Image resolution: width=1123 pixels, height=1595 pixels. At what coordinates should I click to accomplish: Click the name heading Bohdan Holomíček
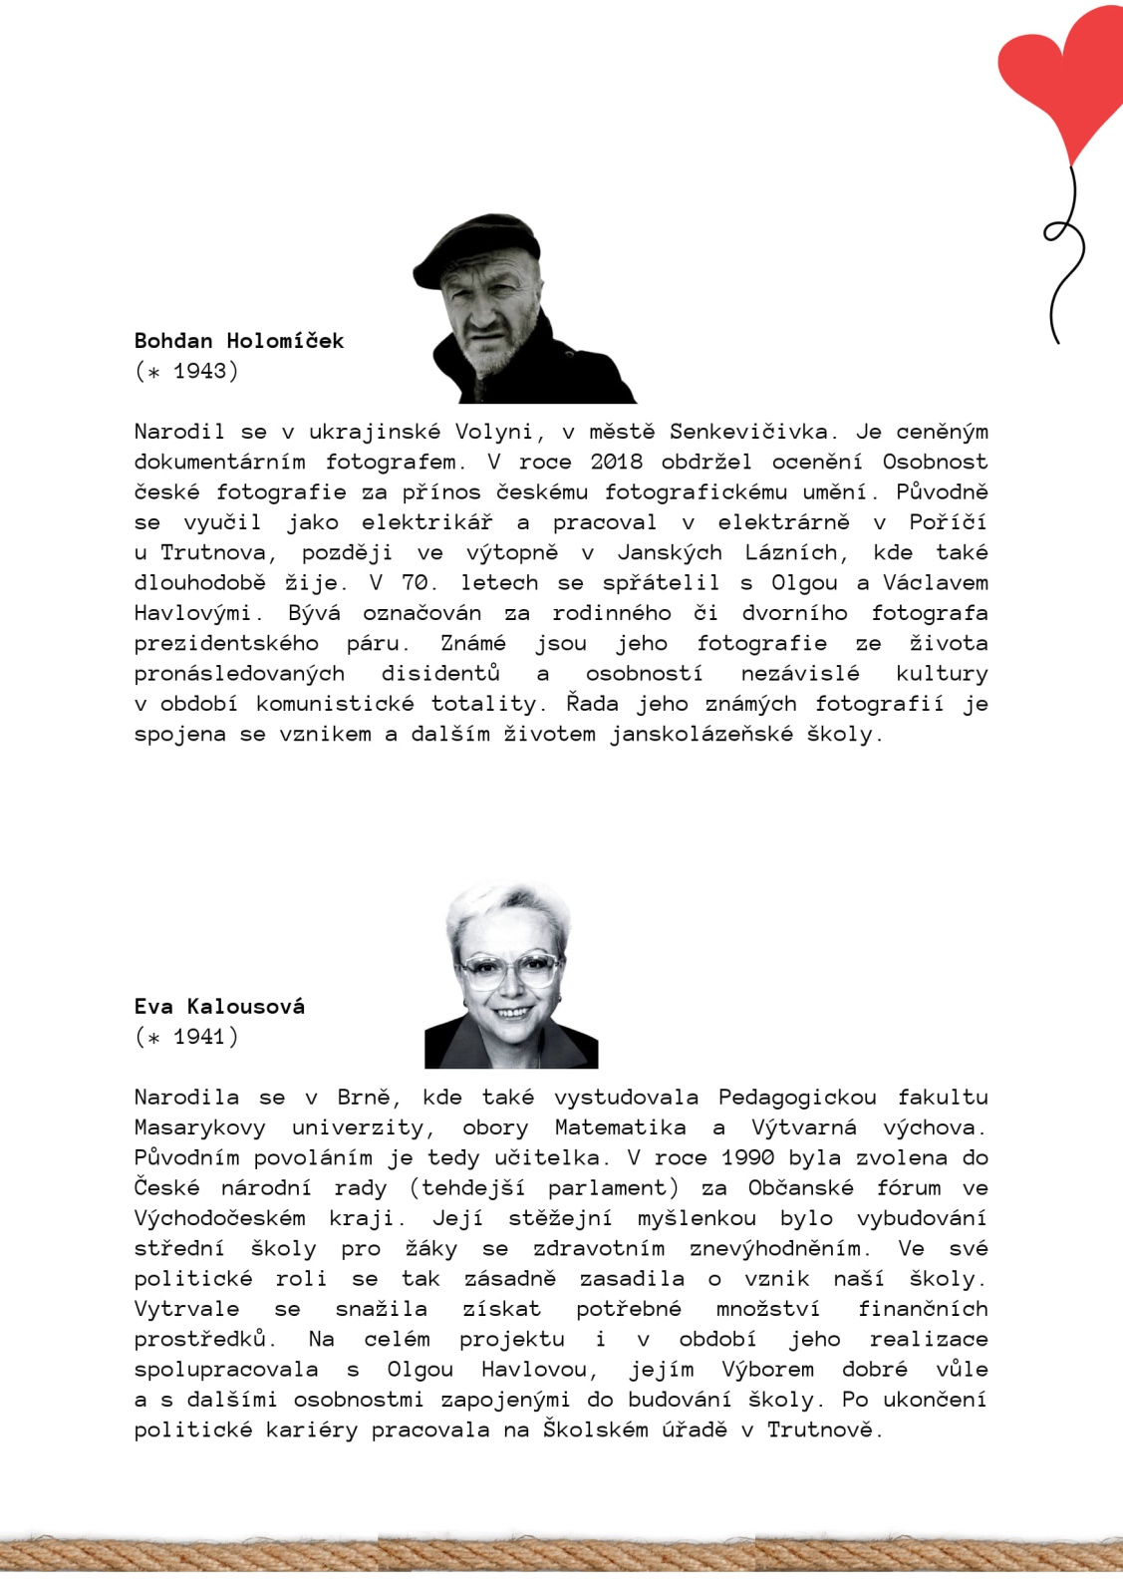[x=239, y=341]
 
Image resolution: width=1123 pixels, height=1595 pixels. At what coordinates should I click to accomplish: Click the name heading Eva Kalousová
[x=219, y=1007]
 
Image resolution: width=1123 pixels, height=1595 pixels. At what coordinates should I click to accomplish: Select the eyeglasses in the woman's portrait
[x=509, y=970]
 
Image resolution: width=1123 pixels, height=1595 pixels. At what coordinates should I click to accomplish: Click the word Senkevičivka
[x=748, y=432]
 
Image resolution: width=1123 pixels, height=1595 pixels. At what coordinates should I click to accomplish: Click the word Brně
[x=368, y=1098]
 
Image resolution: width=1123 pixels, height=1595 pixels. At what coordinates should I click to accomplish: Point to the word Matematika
[x=620, y=1127]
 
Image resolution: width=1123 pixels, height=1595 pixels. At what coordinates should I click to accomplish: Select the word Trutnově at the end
[x=824, y=1431]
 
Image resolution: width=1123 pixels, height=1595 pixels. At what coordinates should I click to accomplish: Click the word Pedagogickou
[x=797, y=1098]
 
